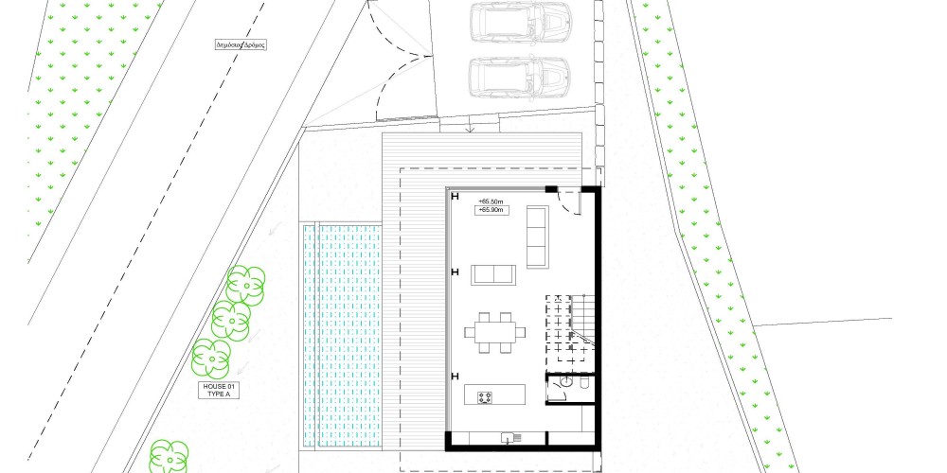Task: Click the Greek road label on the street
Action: (241, 44)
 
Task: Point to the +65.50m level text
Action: (491, 201)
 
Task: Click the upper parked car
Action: (520, 23)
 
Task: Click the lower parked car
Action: (520, 77)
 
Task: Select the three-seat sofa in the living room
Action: (537, 236)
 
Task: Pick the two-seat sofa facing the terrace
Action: (493, 274)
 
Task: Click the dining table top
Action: (494, 332)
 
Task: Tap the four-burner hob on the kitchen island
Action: (485, 397)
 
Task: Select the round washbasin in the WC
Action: (567, 382)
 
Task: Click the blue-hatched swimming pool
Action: (342, 336)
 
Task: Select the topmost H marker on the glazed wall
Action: (455, 196)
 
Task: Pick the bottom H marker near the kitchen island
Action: (455, 377)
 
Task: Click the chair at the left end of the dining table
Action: (470, 332)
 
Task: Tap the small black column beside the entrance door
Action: (551, 189)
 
